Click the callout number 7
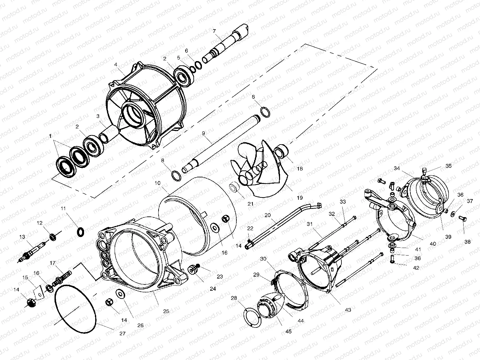tap(214, 31)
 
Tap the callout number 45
tap(288, 331)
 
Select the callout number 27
tap(122, 333)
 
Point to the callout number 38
tap(468, 242)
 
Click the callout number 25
tap(166, 311)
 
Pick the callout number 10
tap(158, 183)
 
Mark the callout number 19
tap(299, 198)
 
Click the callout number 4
tap(116, 65)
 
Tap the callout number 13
tap(22, 237)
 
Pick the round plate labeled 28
tap(253, 317)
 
